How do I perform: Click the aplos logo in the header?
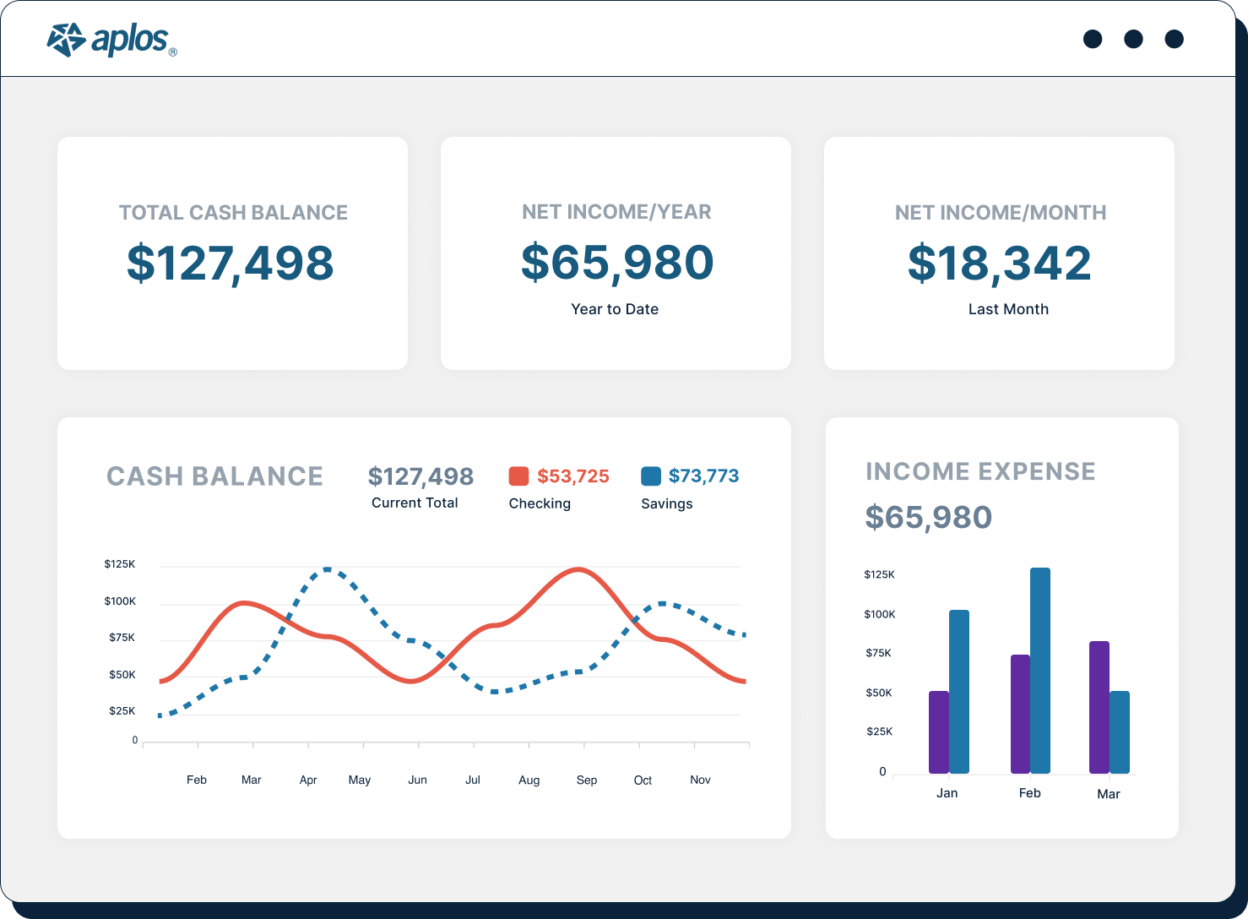(x=111, y=40)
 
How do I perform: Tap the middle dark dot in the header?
(x=1133, y=39)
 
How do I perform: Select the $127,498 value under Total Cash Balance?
(x=231, y=263)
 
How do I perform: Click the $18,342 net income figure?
(x=1000, y=263)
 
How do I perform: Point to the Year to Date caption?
(x=615, y=309)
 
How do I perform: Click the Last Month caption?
(x=1008, y=309)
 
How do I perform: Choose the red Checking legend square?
(x=518, y=476)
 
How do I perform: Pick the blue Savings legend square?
(x=651, y=476)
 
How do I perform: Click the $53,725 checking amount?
(x=573, y=476)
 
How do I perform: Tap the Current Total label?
(x=415, y=503)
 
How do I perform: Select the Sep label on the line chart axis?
(x=587, y=780)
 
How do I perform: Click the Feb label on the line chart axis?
(x=197, y=780)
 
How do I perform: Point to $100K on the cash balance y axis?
(x=120, y=601)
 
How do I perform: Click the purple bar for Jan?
(x=939, y=732)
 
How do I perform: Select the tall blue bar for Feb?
(x=1040, y=671)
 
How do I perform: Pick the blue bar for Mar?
(x=1120, y=732)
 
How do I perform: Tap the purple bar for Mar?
(x=1099, y=707)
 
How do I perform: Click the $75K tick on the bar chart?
(x=878, y=653)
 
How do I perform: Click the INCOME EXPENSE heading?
(x=980, y=471)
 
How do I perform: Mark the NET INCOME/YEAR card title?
(x=616, y=212)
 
